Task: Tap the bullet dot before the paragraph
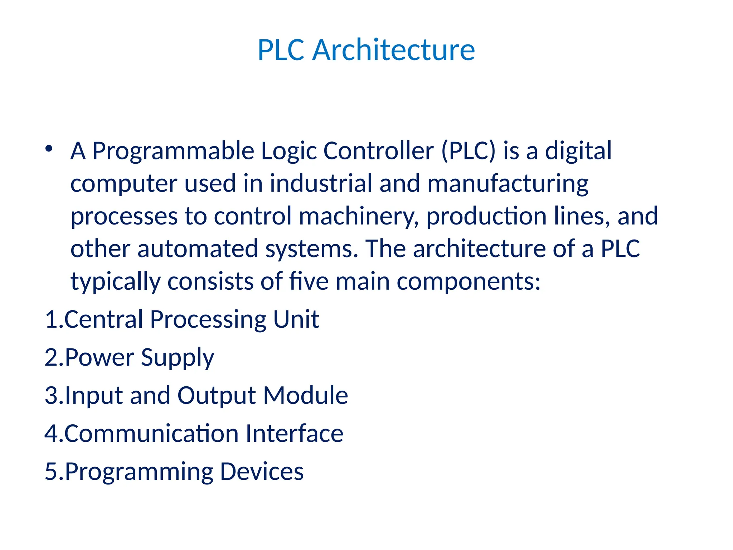pos(49,148)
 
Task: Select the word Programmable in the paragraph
pos(173,151)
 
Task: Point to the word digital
pos(578,151)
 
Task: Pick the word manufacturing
pos(508,184)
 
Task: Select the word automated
pos(198,249)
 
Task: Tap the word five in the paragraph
pos(309,281)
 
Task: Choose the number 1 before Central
pos(50,319)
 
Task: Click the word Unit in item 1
pos(296,319)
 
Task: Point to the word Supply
pos(178,358)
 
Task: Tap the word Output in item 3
pos(217,396)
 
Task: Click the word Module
pos(306,395)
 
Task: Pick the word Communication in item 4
pos(152,434)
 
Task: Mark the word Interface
pos(295,434)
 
